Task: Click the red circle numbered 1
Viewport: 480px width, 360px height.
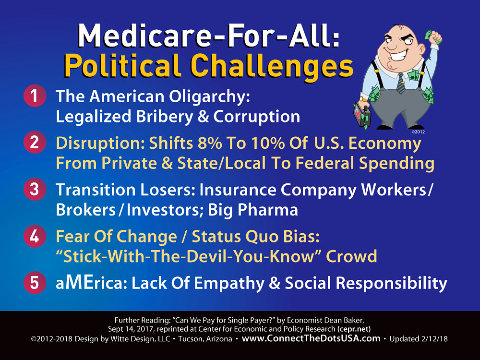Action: [x=35, y=96]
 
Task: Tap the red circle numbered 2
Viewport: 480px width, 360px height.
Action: [x=35, y=142]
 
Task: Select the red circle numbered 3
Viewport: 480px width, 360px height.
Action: [x=35, y=189]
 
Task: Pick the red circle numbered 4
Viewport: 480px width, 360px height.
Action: [x=35, y=236]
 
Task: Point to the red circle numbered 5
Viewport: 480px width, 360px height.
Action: [x=35, y=282]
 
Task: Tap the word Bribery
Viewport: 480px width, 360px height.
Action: [x=165, y=117]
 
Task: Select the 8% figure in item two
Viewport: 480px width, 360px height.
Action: [x=210, y=143]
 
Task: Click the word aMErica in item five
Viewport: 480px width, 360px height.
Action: [x=91, y=283]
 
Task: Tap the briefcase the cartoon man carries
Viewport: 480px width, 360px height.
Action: [x=362, y=116]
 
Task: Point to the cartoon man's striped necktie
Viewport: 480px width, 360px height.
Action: [x=400, y=83]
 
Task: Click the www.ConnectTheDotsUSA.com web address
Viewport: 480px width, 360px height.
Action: [x=311, y=338]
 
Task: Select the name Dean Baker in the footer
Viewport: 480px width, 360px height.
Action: [x=345, y=321]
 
